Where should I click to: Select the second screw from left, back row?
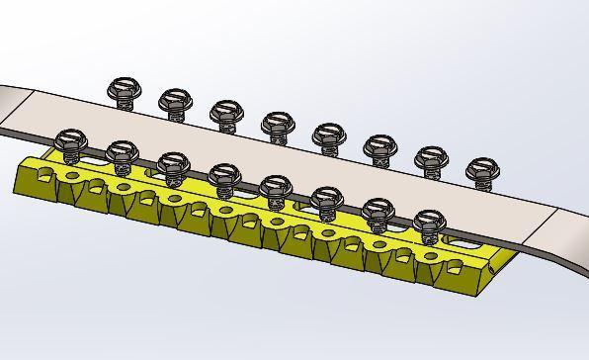click(x=174, y=100)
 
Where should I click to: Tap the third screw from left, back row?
click(x=225, y=111)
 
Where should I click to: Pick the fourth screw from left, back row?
click(x=276, y=124)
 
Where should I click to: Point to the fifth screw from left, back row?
click(x=327, y=135)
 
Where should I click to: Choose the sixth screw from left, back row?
click(x=379, y=148)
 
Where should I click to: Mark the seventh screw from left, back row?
click(x=430, y=159)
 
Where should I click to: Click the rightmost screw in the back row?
click(x=481, y=171)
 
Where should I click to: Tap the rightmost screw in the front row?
click(x=428, y=223)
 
